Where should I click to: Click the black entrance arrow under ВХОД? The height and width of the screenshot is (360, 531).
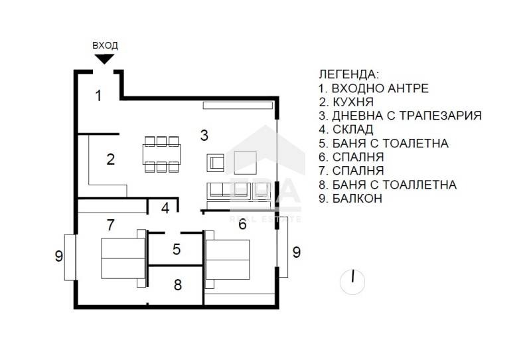tap(104, 58)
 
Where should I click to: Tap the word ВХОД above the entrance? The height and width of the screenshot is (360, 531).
tap(105, 45)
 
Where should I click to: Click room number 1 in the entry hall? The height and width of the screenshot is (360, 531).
tap(98, 95)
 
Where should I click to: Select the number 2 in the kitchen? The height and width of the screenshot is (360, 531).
tap(110, 159)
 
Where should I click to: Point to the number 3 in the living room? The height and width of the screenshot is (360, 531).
tap(204, 135)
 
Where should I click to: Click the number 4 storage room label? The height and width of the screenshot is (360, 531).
tap(165, 208)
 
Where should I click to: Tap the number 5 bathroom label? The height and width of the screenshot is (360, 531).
tap(177, 249)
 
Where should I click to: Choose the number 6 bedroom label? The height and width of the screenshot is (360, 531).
tap(242, 224)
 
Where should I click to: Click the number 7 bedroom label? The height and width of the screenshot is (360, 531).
tap(110, 225)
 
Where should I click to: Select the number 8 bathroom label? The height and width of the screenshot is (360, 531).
tap(178, 285)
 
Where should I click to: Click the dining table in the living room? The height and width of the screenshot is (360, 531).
tap(161, 154)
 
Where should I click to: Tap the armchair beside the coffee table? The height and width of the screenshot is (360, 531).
tap(215, 163)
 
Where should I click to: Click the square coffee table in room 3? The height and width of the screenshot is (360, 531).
tap(245, 163)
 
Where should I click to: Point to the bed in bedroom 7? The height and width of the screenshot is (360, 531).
tap(123, 258)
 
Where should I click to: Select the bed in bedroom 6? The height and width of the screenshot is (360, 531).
tap(228, 259)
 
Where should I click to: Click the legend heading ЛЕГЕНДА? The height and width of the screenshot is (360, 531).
tap(349, 74)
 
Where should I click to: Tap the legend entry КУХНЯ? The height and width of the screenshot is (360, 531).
tap(353, 102)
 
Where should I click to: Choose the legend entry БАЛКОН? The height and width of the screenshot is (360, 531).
tap(357, 199)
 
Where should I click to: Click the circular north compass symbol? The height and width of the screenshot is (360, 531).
tap(352, 282)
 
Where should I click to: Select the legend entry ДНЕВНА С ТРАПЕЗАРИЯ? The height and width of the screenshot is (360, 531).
tap(407, 116)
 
